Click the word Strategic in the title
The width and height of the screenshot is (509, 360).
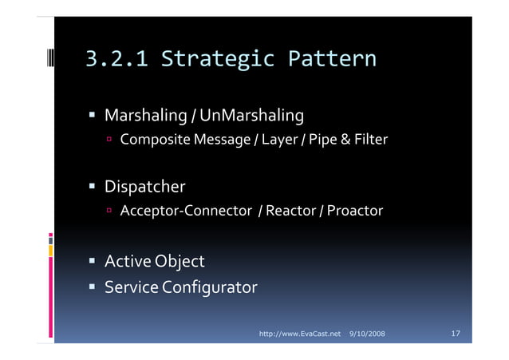217,59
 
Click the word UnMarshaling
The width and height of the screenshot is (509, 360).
253,117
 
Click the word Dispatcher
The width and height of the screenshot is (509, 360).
145,188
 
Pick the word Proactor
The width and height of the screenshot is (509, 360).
355,212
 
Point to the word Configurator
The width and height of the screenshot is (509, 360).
210,286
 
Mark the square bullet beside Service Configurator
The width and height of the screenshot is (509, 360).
93,287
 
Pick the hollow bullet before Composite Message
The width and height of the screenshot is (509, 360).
111,141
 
